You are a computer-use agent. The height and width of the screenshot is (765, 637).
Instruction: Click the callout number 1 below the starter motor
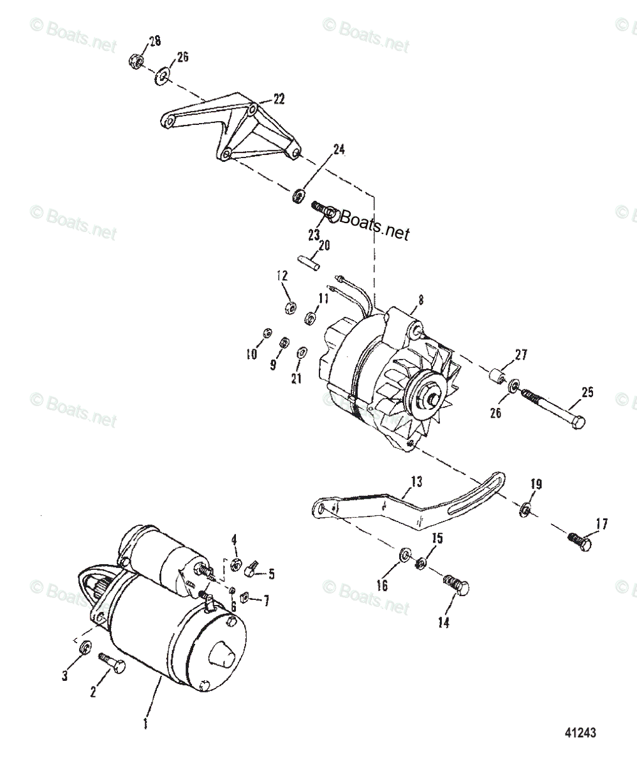coord(145,724)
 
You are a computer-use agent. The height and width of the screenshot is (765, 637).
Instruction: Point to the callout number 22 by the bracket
coord(279,99)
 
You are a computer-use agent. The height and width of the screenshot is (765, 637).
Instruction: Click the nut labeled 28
coord(135,62)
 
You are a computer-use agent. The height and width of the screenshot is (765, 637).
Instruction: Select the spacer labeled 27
coord(496,377)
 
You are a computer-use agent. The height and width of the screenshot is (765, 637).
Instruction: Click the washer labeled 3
coord(84,648)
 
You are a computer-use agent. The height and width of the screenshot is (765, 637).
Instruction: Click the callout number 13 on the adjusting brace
coord(416,482)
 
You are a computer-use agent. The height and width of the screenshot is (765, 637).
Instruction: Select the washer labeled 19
coord(525,508)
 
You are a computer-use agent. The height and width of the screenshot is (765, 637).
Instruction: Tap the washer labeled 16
coord(405,556)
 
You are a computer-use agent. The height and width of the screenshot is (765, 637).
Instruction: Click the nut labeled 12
coord(288,308)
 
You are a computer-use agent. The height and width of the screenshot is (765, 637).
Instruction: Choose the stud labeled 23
coord(323,209)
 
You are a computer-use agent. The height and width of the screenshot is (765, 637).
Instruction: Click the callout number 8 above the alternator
coord(420,298)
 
